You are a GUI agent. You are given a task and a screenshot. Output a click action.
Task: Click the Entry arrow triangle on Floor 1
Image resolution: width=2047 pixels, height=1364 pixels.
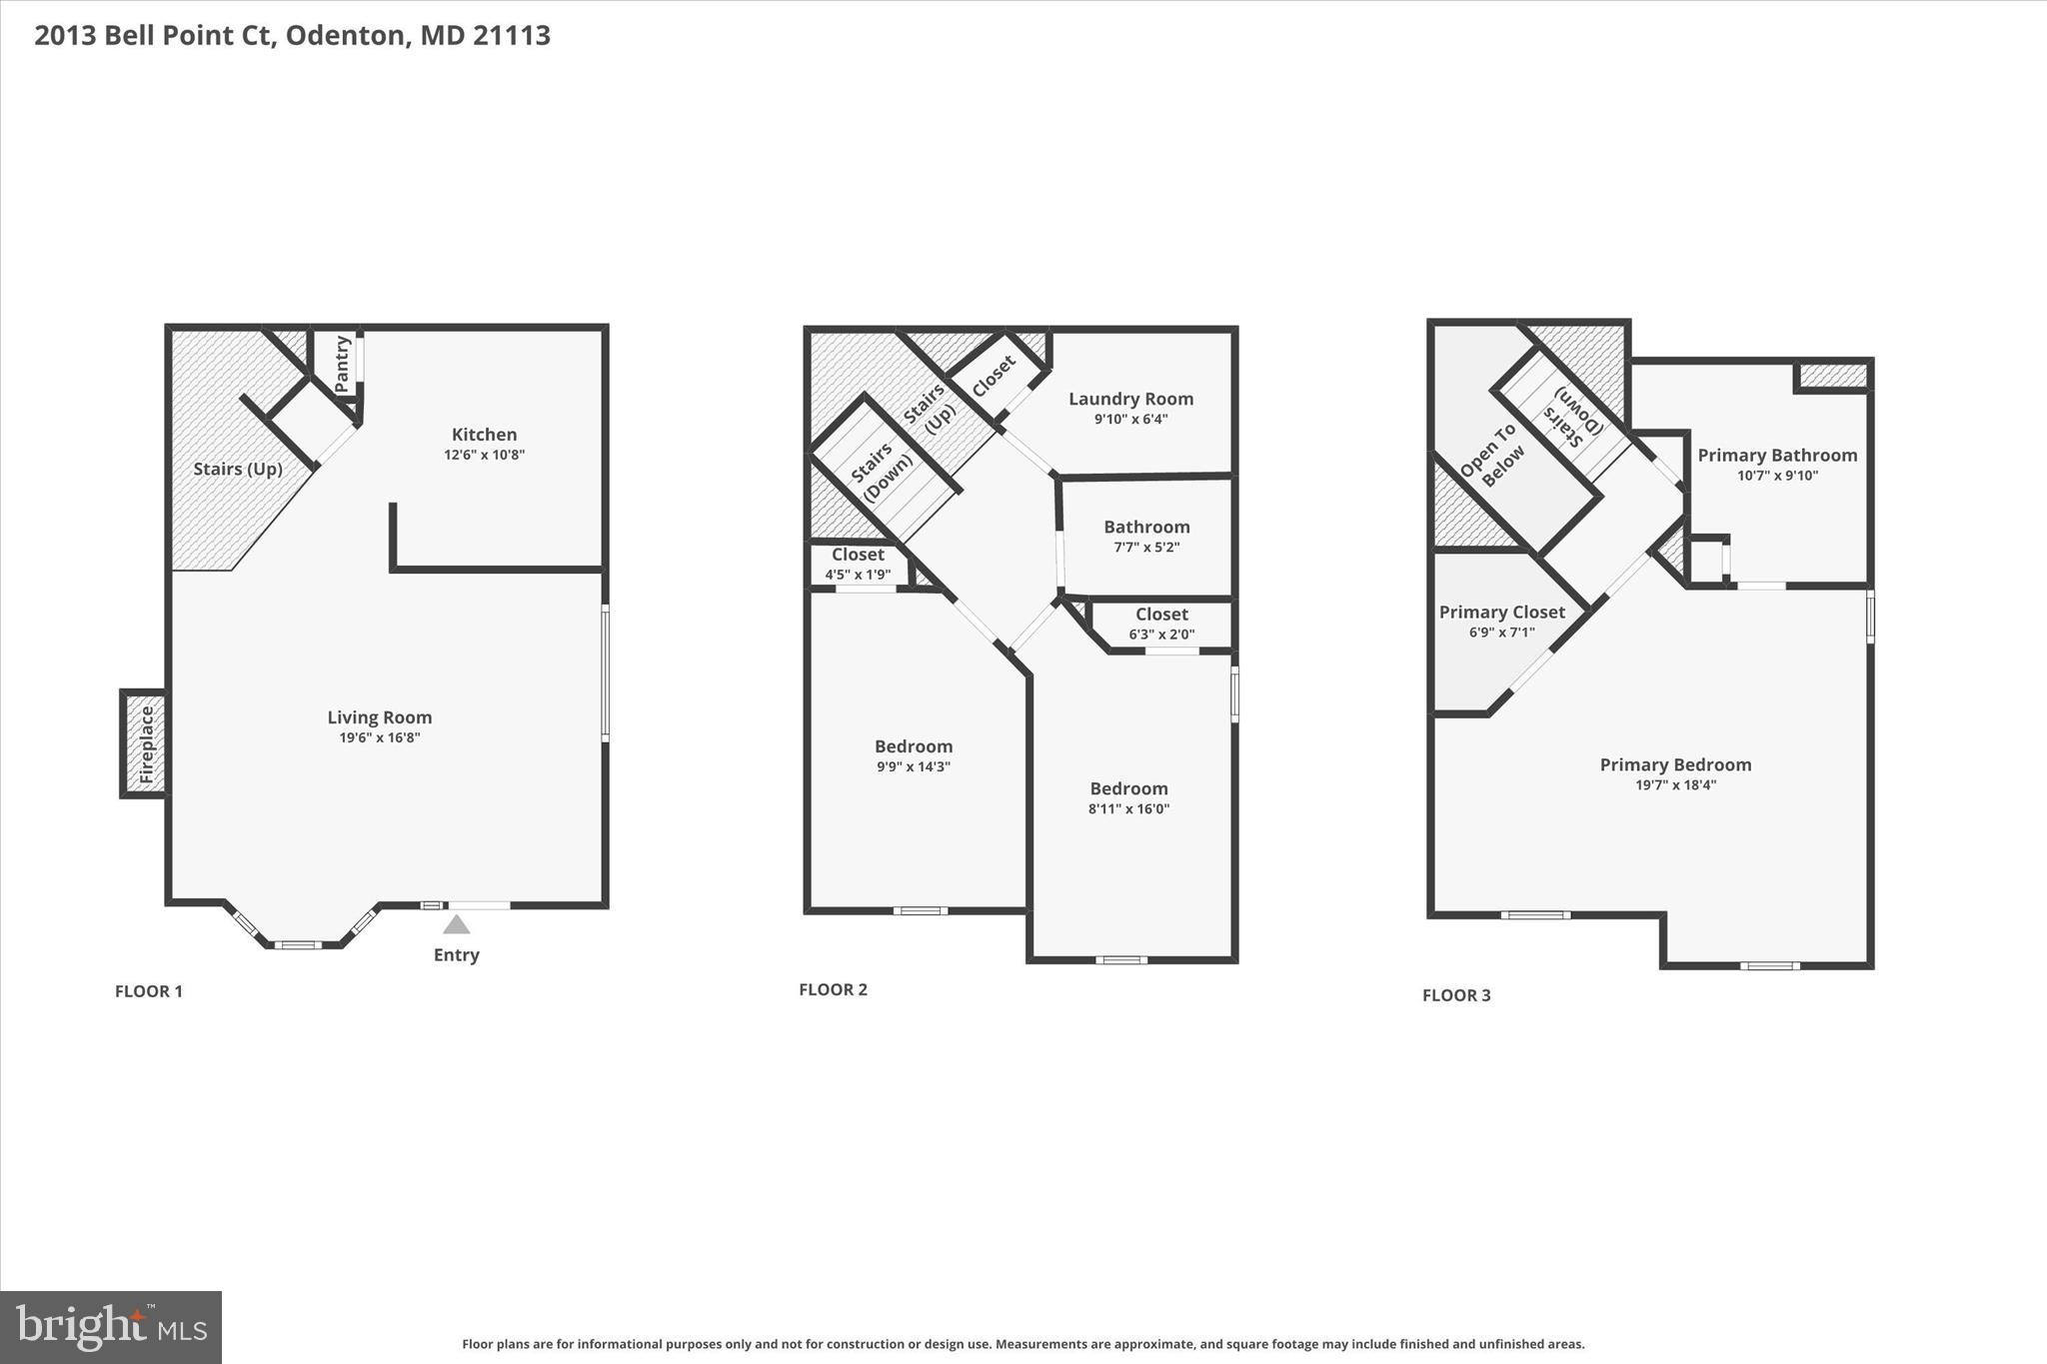pyautogui.click(x=457, y=924)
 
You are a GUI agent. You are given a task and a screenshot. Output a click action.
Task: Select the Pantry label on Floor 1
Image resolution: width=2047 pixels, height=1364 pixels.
pyautogui.click(x=342, y=364)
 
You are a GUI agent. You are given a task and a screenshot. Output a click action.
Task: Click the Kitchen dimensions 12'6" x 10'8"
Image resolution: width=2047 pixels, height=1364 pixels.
pyautogui.click(x=485, y=455)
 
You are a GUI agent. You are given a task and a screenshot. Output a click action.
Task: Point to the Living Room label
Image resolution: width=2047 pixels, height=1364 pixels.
pyautogui.click(x=380, y=716)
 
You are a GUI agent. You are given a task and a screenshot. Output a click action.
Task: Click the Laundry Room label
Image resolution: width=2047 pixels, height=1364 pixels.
pyautogui.click(x=1130, y=399)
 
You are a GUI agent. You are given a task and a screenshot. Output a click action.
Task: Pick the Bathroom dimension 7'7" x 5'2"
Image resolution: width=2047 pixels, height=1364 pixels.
pyautogui.click(x=1146, y=547)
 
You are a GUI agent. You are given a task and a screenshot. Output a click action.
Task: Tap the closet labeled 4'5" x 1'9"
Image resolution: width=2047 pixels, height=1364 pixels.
pyautogui.click(x=858, y=565)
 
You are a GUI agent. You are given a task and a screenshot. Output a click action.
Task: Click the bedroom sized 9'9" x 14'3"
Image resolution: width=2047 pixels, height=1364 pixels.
pyautogui.click(x=914, y=756)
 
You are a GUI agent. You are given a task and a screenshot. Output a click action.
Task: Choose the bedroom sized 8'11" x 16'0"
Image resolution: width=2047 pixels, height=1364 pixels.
pyautogui.click(x=1128, y=798)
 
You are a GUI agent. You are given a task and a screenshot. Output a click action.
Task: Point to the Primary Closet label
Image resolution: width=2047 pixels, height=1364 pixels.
pyautogui.click(x=1501, y=612)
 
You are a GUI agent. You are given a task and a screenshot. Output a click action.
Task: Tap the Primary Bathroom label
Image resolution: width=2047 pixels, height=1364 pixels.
pyautogui.click(x=1777, y=455)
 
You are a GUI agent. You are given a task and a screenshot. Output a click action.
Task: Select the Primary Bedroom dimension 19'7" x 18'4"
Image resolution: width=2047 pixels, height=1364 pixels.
pyautogui.click(x=1675, y=784)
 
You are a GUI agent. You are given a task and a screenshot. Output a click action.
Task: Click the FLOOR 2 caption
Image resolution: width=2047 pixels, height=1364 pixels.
pyautogui.click(x=833, y=989)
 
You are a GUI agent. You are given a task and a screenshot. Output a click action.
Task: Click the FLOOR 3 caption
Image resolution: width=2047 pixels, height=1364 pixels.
pyautogui.click(x=1456, y=994)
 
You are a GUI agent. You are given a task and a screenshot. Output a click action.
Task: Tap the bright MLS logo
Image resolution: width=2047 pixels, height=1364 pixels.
pyautogui.click(x=111, y=1326)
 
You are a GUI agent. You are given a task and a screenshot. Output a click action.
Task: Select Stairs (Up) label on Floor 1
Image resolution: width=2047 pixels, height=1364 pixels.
pyautogui.click(x=238, y=469)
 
